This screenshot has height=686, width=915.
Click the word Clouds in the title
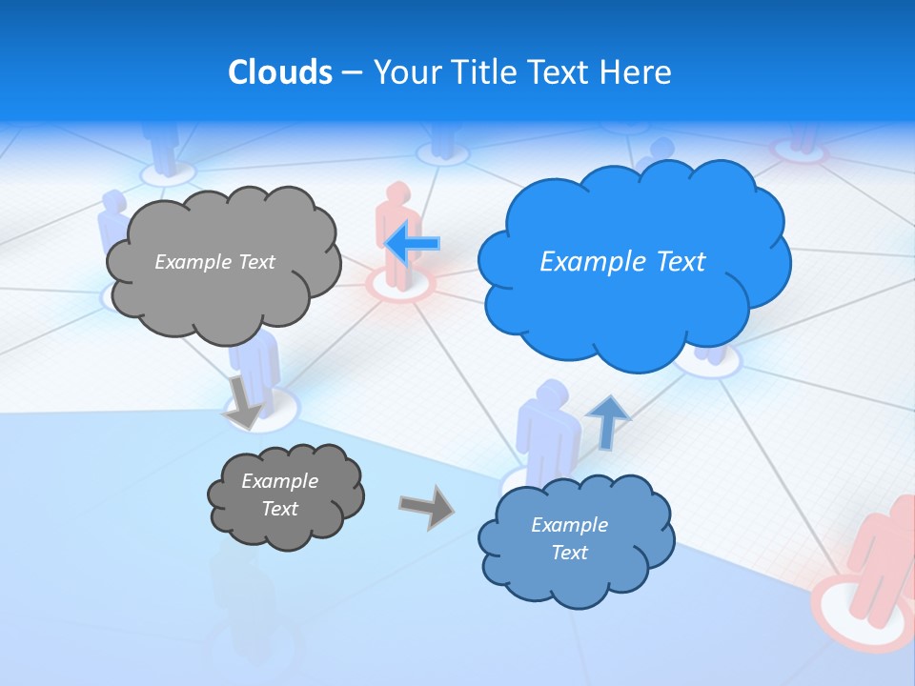pyautogui.click(x=279, y=72)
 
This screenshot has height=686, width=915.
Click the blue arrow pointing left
pyautogui.click(x=414, y=244)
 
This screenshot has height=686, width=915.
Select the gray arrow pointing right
pyautogui.click(x=426, y=507)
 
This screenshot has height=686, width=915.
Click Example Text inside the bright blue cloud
pyautogui.click(x=622, y=262)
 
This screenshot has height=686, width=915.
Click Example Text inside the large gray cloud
pyautogui.click(x=214, y=262)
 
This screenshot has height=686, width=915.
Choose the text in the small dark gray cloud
pyautogui.click(x=279, y=494)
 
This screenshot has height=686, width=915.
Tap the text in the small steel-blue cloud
pyautogui.click(x=569, y=538)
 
